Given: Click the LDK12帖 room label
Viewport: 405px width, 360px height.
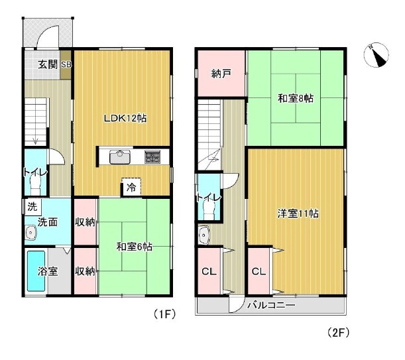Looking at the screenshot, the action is coord(125,119).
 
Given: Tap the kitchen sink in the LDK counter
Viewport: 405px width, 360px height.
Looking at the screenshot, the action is coord(120,157).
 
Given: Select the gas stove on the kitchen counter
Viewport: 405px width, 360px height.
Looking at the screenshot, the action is coord(152,157).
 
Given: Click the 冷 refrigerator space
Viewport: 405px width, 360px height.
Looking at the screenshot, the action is coord(131,187).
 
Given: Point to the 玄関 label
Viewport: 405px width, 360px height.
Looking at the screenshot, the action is coord(48,64).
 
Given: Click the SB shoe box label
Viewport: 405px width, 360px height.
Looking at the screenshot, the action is coord(66,64).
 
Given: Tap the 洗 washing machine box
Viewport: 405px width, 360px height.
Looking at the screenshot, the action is coord(32,207).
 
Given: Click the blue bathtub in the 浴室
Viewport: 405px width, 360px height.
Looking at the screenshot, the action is coord(36,271).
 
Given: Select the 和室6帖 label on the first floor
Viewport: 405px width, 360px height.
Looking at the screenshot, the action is coord(135,247).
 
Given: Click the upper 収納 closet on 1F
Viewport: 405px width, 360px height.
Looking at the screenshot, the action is coord(85,222).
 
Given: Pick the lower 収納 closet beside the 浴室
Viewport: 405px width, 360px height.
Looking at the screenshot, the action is coord(85,271).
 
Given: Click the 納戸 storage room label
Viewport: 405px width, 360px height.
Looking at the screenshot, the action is coord(221,74).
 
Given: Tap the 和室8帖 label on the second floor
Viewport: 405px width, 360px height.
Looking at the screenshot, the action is coord(296,98).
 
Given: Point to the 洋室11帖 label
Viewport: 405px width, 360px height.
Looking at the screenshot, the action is coord(298,213).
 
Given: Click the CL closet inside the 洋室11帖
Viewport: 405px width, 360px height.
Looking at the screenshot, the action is coord(259,271).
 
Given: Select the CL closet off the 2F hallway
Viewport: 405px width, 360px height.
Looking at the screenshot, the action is coord(209,271).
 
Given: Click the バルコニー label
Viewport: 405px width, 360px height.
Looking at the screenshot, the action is coord(271,305).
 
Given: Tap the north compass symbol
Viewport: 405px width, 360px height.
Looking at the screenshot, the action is coord(376,55).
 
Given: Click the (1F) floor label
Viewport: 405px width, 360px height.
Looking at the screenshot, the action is coord(164,314).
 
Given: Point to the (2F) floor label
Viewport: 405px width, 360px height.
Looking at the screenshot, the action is coord(338,333).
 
